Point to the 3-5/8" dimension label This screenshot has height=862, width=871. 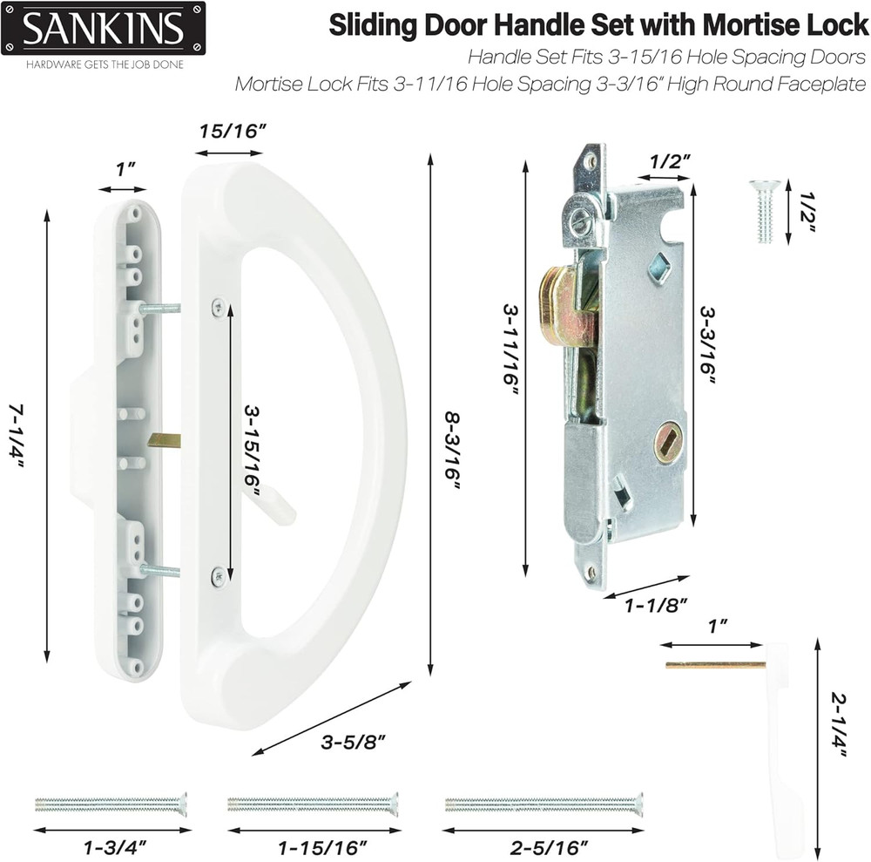[x=354, y=743]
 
